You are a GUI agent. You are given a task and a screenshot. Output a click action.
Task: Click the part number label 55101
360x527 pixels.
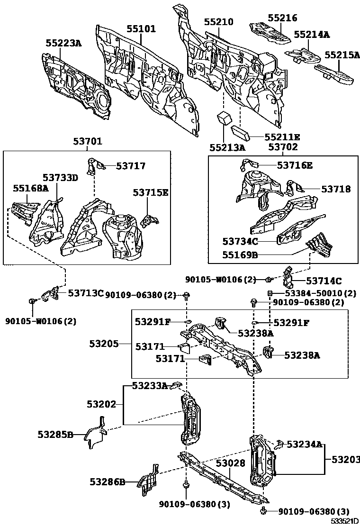[141, 29]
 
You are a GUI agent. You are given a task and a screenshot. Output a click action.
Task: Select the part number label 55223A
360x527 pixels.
[63, 43]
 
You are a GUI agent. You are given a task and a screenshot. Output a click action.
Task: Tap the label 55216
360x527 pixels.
[282, 18]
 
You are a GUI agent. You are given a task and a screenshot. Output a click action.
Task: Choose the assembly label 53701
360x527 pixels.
[88, 141]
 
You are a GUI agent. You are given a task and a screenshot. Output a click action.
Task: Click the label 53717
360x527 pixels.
[124, 166]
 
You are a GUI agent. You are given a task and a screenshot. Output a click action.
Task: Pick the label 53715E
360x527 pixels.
[150, 193]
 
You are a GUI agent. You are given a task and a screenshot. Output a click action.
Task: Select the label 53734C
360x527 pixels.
[240, 242]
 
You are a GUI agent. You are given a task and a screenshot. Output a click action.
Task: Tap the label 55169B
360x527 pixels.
[240, 255]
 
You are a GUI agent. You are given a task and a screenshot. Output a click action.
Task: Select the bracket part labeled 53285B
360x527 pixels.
[96, 432]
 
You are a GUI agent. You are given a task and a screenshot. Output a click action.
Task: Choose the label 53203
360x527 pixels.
[345, 459]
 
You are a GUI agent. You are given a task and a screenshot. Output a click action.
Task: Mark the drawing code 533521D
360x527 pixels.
[344, 521]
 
